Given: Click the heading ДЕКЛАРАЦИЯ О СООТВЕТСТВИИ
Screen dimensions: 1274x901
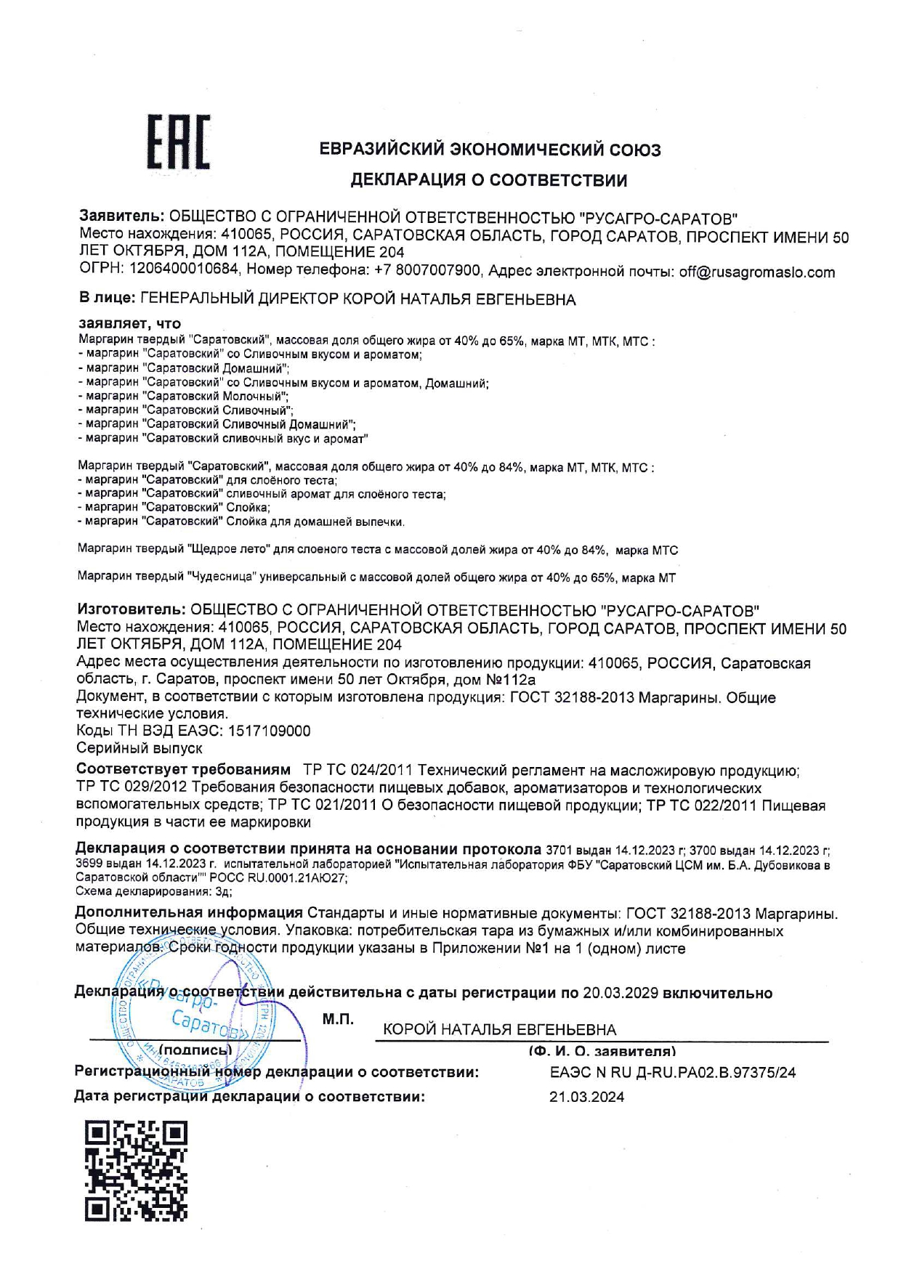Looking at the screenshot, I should (489, 180).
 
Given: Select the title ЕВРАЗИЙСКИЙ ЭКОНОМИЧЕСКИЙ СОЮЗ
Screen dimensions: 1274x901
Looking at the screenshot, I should (490, 150).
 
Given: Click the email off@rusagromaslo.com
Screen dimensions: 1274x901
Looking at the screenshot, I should (756, 272).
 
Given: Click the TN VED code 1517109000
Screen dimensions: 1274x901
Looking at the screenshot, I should (269, 731).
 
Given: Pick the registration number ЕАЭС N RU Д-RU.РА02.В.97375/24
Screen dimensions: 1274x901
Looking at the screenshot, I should (673, 1072).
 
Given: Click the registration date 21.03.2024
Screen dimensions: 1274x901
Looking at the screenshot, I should (586, 1097).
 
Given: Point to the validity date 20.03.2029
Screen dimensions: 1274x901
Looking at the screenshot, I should (621, 993).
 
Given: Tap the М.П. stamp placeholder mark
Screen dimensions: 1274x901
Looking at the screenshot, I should (338, 1020).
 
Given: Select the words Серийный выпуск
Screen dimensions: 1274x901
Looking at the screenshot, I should (140, 747).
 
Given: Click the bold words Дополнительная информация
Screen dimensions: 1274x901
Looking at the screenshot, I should (189, 913).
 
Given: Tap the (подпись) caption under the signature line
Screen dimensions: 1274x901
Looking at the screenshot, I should (195, 1050).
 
